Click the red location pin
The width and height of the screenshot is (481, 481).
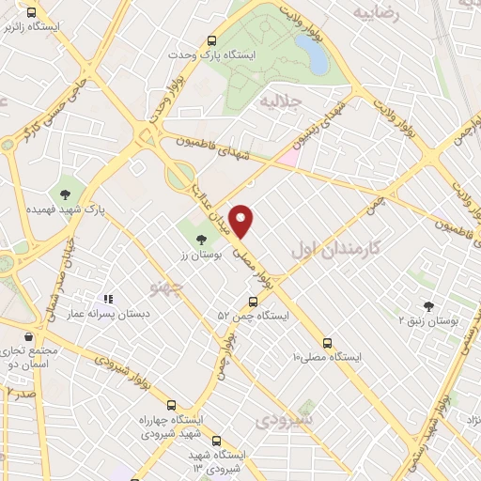tap(241, 221)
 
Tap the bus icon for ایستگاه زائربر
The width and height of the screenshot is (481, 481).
tap(33, 13)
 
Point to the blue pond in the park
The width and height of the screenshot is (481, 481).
tap(317, 57)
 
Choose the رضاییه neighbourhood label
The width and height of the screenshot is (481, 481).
tap(376, 14)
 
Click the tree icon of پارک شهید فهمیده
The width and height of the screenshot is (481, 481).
tap(65, 194)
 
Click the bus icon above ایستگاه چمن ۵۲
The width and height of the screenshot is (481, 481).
tap(252, 302)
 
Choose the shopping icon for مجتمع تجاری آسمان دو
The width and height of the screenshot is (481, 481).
tap(30, 335)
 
